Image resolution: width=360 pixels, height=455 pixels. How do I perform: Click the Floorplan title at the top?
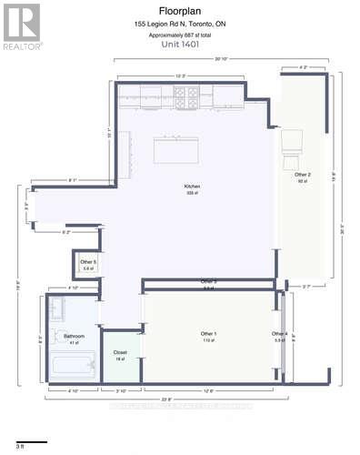point(180,12)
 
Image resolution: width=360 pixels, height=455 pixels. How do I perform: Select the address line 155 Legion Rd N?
point(180,24)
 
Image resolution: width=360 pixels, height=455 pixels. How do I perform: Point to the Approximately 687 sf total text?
point(180,34)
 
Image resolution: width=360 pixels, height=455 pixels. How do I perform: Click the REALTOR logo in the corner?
point(22,25)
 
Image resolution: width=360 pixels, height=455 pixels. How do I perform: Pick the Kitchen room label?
point(192,187)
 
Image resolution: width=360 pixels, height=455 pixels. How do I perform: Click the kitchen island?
point(175,149)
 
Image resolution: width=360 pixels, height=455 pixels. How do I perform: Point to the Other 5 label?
point(88,263)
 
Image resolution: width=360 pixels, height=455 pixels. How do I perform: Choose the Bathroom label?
point(75,336)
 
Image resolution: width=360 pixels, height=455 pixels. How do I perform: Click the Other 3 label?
point(208,282)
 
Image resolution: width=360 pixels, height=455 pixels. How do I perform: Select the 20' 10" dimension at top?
point(221,59)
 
